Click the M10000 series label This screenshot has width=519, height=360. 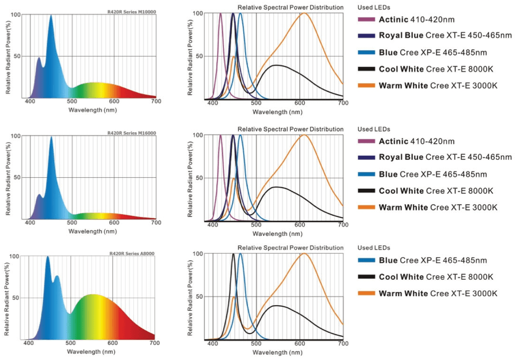point(131,12)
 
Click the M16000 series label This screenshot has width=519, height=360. point(131,133)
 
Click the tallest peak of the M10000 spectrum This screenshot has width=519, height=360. point(51,16)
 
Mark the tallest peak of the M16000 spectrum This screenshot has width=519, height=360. point(51,137)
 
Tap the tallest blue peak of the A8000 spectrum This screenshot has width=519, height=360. point(47,257)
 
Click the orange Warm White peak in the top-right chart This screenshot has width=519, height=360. point(303,13)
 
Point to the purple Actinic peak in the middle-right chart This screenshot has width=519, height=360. point(220,136)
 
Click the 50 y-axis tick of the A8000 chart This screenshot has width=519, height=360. point(16,298)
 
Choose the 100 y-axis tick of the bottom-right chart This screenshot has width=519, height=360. point(197,254)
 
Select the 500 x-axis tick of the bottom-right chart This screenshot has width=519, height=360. point(256,344)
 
